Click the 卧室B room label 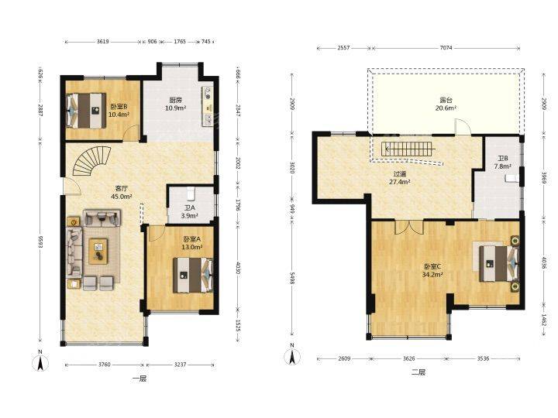(x=119, y=107)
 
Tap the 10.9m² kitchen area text (x=175, y=108)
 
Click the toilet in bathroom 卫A (x=191, y=194)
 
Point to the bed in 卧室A (x=193, y=275)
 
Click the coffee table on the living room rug (x=98, y=251)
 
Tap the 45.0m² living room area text (x=122, y=196)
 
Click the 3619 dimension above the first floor (x=103, y=42)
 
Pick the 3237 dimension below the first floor (x=181, y=365)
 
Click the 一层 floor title (x=139, y=379)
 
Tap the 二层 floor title (x=418, y=372)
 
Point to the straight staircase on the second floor (x=408, y=149)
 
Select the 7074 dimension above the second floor (x=446, y=48)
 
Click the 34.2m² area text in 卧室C (x=432, y=274)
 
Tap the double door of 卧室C (x=409, y=227)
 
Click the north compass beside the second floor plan (x=292, y=355)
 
